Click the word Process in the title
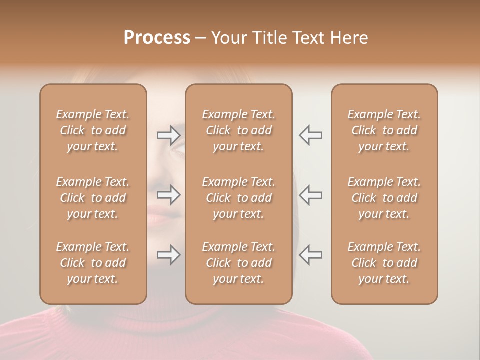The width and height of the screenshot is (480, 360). pos(157,38)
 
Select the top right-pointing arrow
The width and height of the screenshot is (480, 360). pos(168,135)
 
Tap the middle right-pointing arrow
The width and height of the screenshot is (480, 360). pos(168,195)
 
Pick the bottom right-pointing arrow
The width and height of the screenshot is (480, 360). pos(168,255)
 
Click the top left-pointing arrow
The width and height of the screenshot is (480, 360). pos(311,135)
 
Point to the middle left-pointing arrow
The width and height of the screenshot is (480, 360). pos(311,195)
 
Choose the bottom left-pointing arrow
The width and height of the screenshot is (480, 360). pos(311,255)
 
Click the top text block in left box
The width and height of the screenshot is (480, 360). pos(93,130)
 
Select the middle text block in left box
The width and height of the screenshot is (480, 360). pos(93,198)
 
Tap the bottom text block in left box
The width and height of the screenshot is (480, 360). pos(93,263)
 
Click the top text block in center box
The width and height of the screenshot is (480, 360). pos(238,130)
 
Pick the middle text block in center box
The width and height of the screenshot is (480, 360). pos(238,198)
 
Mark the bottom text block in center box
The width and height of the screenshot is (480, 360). pos(238,263)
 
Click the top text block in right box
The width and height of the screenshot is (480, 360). pos(384,130)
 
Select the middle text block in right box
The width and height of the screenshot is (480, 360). pos(384,198)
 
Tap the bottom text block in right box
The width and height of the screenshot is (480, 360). pos(384,263)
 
